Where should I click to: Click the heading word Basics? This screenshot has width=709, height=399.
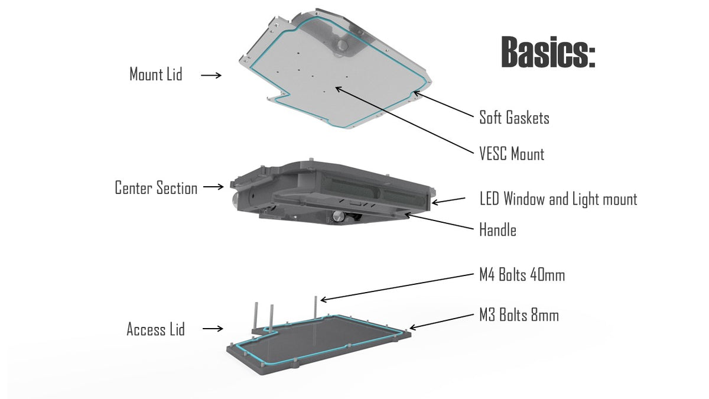tap(548, 53)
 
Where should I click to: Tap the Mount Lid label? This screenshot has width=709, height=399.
tap(156, 74)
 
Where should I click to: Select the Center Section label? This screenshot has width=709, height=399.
tap(156, 189)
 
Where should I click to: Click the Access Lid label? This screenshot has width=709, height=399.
tap(155, 329)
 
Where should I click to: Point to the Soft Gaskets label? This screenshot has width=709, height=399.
tap(514, 118)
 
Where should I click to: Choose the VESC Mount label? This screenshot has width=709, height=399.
tap(512, 154)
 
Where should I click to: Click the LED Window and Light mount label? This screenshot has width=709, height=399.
tap(558, 199)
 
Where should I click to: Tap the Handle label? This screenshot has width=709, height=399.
tap(497, 230)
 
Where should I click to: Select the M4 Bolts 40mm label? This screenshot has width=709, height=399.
tap(522, 275)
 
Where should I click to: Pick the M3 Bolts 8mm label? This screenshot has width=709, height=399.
tap(519, 316)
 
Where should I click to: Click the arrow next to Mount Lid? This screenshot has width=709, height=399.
tap(211, 76)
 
